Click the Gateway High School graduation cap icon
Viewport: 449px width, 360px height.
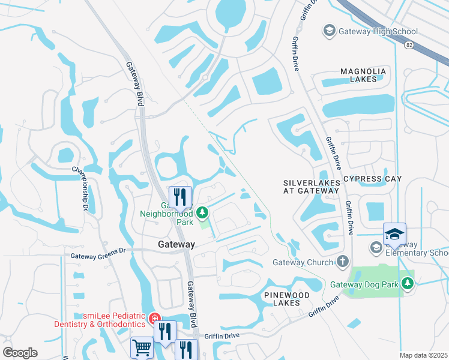328,31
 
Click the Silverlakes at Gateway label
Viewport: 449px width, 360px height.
311,186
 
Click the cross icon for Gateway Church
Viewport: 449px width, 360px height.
342,262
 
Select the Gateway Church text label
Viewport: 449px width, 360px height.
303,262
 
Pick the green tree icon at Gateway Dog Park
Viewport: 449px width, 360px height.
408,283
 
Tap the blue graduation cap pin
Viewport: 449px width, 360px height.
394,234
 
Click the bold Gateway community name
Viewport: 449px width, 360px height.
176,245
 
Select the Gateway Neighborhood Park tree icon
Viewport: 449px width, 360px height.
203,212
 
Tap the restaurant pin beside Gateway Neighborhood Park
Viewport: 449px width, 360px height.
179,196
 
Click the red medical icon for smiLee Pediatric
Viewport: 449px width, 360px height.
154,317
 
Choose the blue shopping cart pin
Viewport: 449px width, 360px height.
142,347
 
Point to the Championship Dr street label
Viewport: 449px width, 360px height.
79,188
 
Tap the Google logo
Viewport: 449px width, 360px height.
20,352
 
